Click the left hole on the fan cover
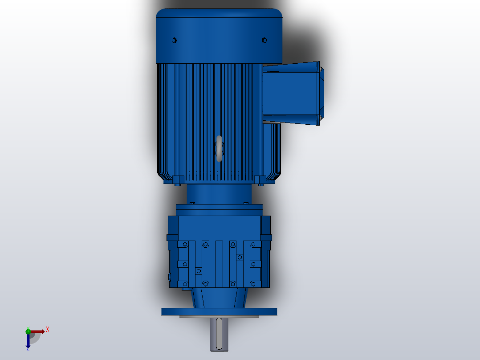tap(174, 41)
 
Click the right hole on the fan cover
tap(264, 41)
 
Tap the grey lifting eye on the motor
tap(219, 149)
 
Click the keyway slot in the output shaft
tap(219, 334)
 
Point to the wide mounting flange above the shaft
tap(219, 311)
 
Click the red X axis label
tap(48, 330)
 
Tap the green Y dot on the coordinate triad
tap(28, 331)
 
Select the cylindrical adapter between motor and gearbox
tap(219, 194)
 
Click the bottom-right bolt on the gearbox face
tap(253, 284)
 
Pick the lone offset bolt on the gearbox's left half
tap(199, 271)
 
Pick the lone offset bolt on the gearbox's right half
tap(240, 257)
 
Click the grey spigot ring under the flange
tap(219, 317)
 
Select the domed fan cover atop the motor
tap(219, 36)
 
